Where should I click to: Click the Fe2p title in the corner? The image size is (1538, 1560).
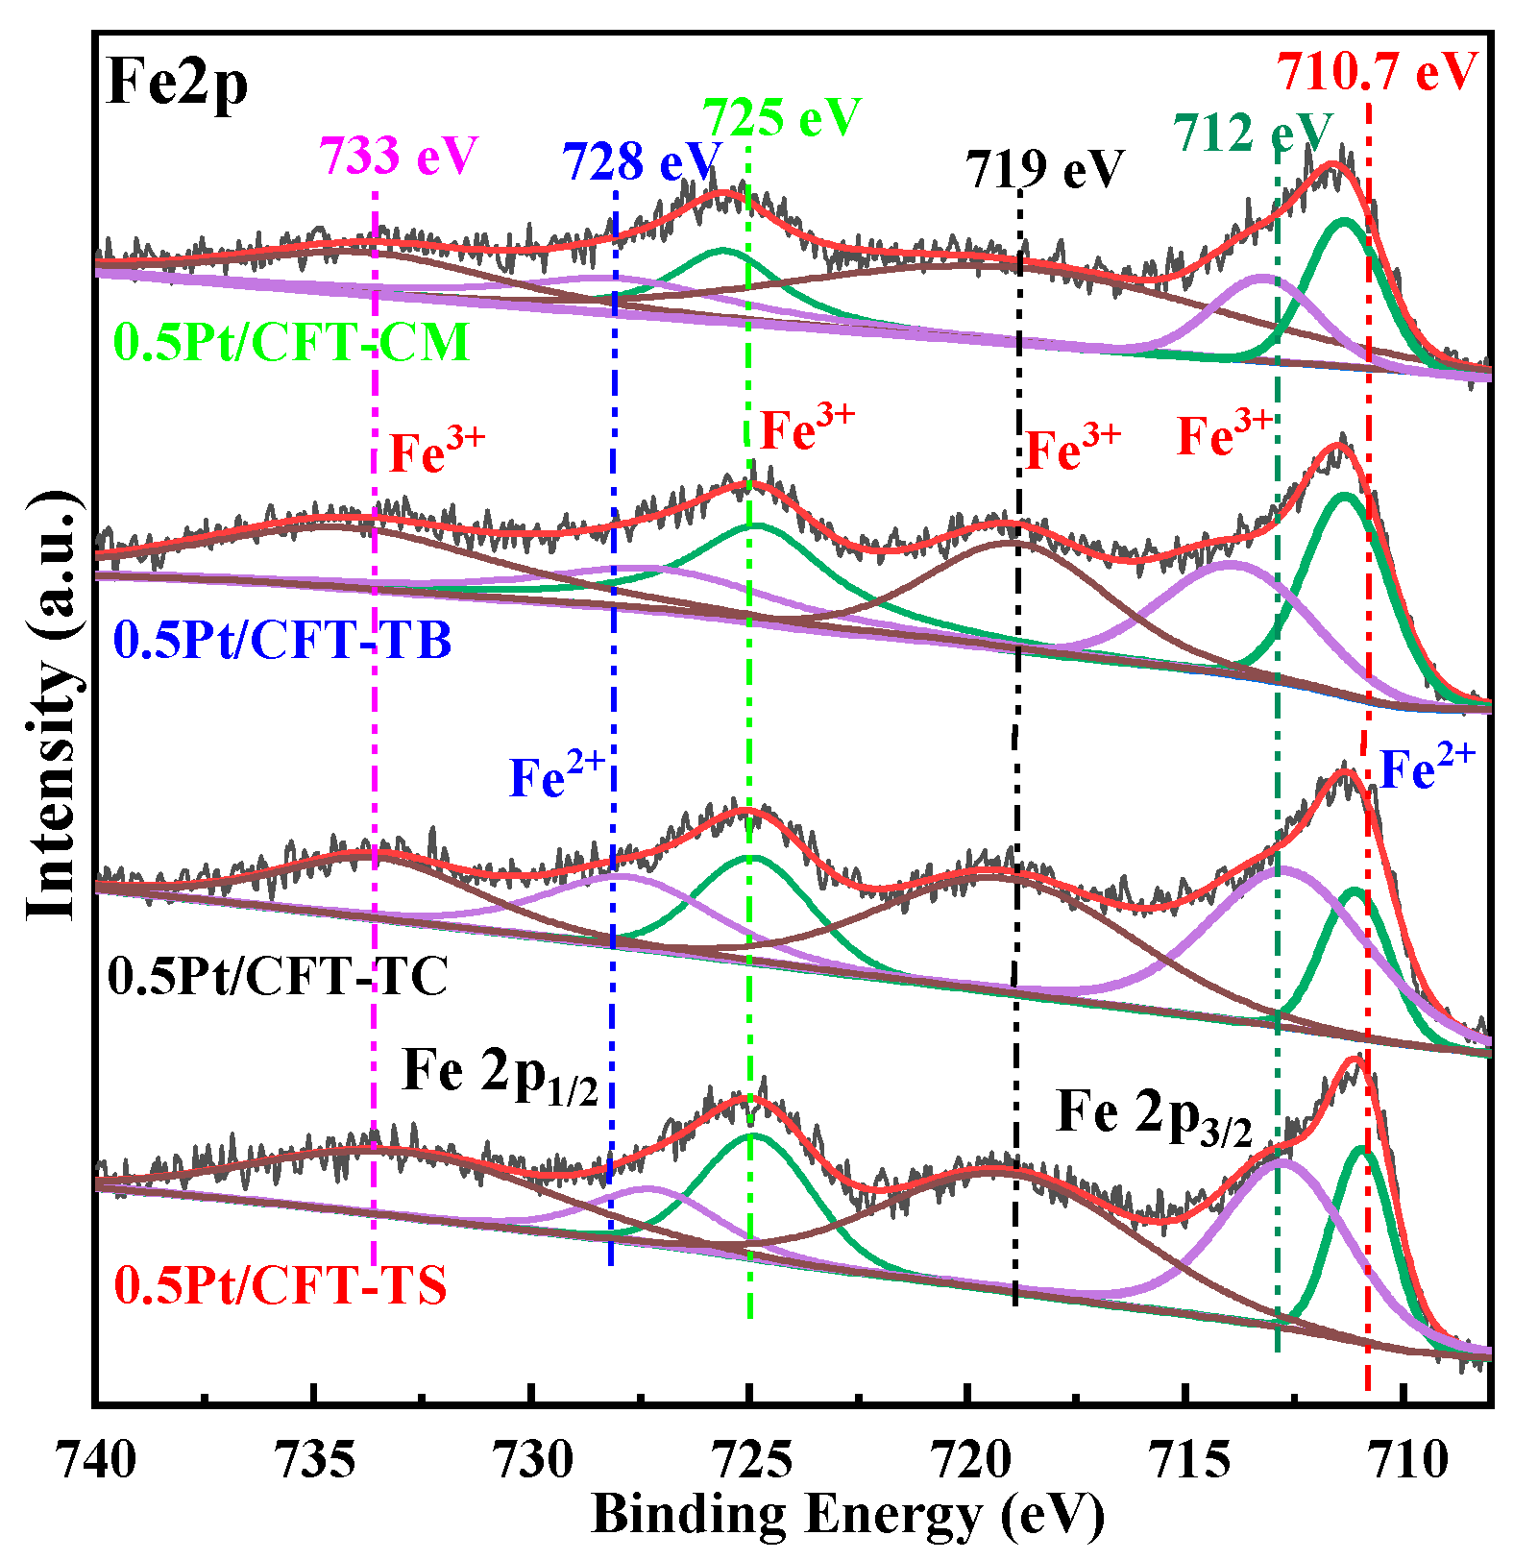[178, 83]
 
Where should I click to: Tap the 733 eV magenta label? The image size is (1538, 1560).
[399, 156]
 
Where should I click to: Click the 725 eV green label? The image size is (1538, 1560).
[783, 118]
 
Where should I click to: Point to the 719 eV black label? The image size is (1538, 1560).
[1044, 170]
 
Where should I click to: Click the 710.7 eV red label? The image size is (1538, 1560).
[1376, 71]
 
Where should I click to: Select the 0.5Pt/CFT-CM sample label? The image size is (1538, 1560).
[292, 343]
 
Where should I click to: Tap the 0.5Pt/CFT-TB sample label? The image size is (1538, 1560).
[282, 640]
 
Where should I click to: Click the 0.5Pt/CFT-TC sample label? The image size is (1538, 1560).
[278, 977]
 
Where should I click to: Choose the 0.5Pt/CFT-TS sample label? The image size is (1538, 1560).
[281, 1285]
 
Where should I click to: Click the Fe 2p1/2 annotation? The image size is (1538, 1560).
[500, 1073]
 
